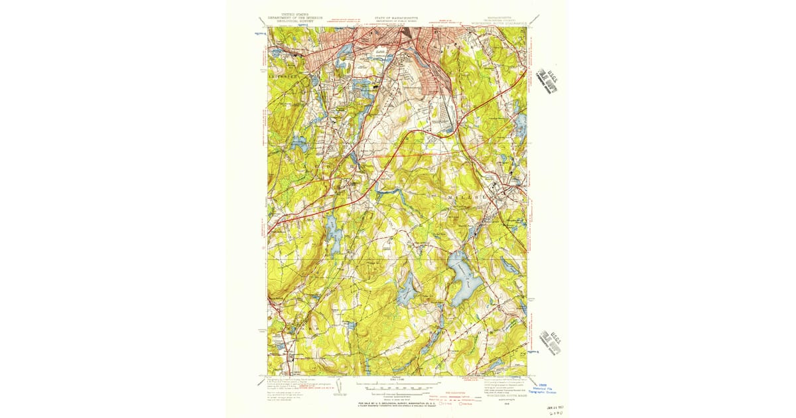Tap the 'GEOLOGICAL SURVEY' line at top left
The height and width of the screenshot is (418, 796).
(289, 21)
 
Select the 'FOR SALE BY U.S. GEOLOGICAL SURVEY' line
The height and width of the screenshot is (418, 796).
(399, 403)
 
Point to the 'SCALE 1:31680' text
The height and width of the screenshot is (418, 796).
(398, 379)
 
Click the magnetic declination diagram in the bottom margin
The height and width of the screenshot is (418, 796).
(340, 386)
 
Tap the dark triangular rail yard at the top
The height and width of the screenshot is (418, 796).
(406, 36)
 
